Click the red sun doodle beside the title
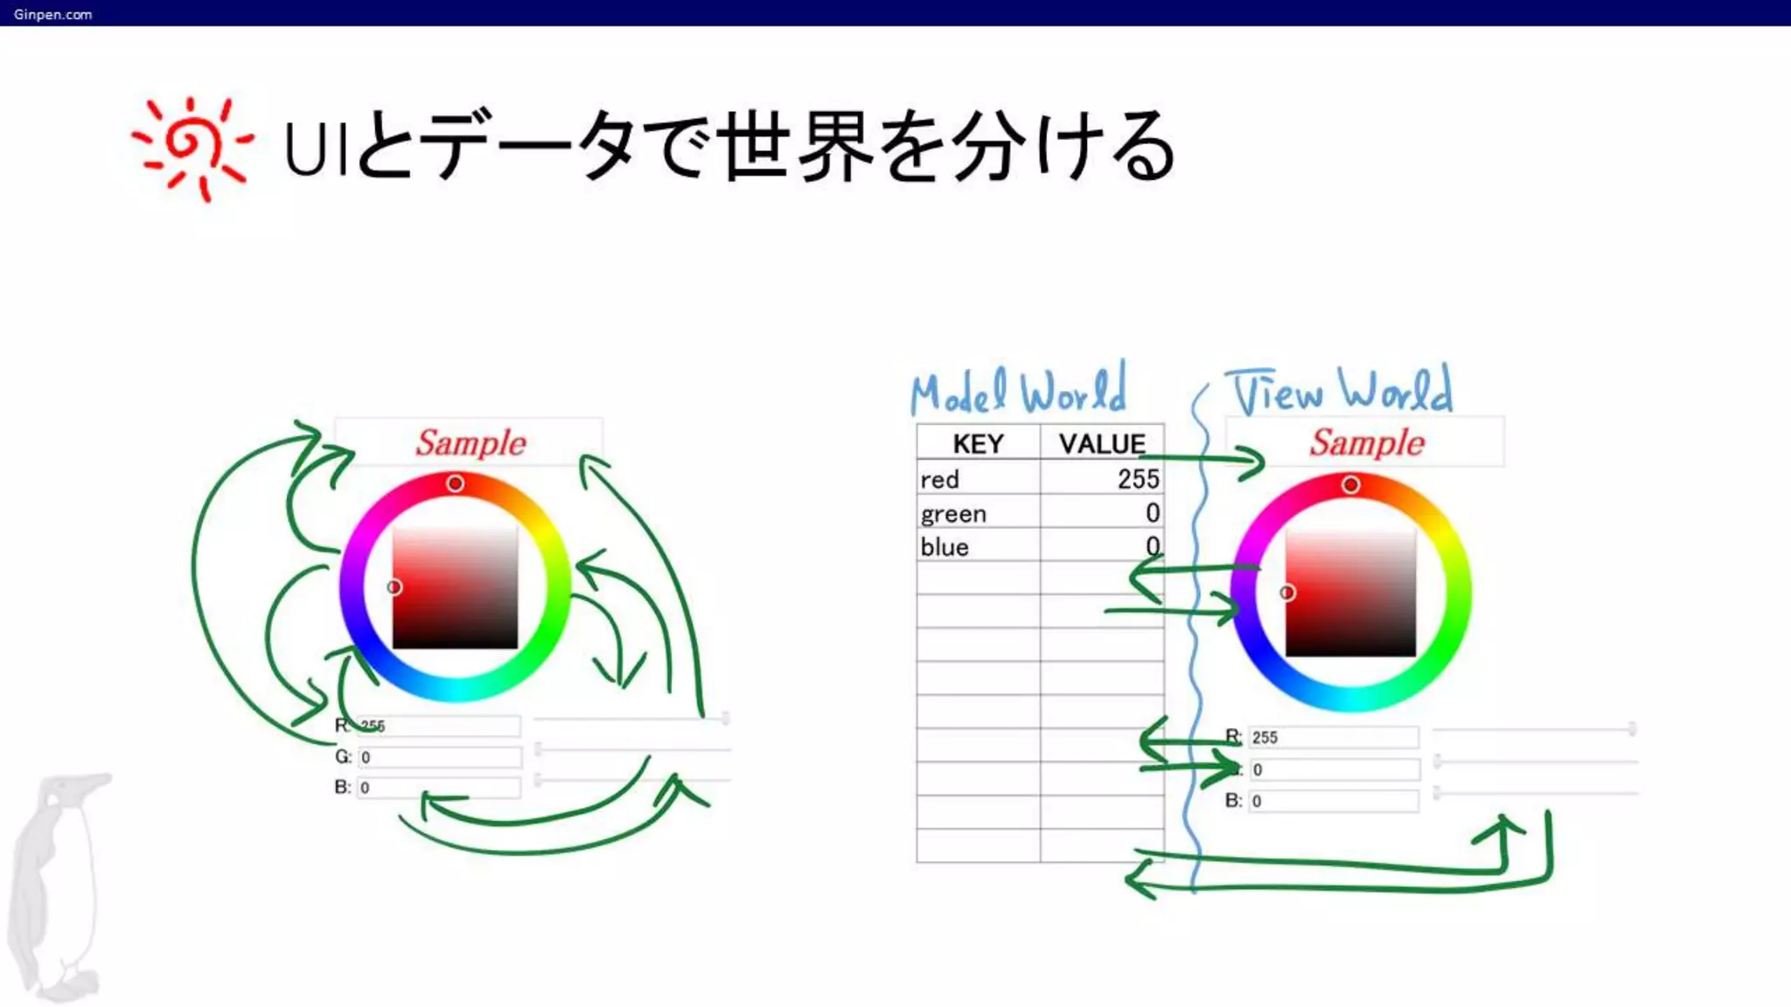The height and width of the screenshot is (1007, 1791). pos(192,147)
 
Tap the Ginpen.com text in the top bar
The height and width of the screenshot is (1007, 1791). pos(52,14)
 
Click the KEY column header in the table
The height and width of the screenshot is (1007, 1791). pos(978,443)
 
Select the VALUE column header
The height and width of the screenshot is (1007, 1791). pos(1101,443)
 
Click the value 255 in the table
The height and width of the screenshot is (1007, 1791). pos(1138,479)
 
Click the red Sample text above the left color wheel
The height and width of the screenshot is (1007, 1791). pos(470,442)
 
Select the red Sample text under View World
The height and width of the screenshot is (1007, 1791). pos(1367,442)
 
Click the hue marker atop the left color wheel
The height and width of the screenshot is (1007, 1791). pos(455,483)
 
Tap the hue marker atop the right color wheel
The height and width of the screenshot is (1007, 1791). pos(1351,484)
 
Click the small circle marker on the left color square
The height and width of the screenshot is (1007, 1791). pos(394,587)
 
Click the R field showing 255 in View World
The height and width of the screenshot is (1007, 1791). pos(1332,738)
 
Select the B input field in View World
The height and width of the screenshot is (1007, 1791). pos(1332,801)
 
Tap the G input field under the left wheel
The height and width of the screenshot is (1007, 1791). pos(439,757)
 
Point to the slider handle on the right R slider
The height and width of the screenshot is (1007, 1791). pos(1632,728)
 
